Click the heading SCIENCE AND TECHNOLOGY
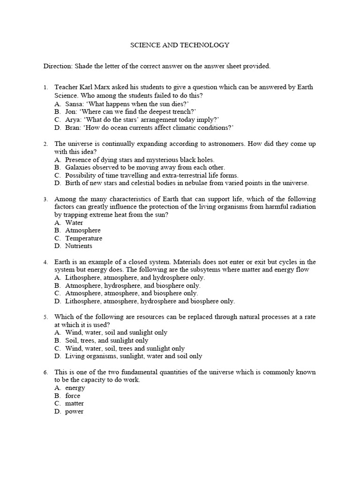coord(180,45)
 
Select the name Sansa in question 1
coord(75,103)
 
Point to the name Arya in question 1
coord(74,120)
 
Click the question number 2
coord(46,144)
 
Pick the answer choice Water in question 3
coord(74,223)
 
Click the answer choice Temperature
coord(83,238)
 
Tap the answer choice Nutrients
coord(79,246)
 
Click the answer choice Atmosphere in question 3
coord(83,231)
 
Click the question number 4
coord(46,262)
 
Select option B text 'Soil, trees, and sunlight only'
coord(107,340)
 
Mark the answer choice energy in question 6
coord(75,388)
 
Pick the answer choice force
coord(73,396)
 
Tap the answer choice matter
coord(75,404)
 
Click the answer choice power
coord(75,412)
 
